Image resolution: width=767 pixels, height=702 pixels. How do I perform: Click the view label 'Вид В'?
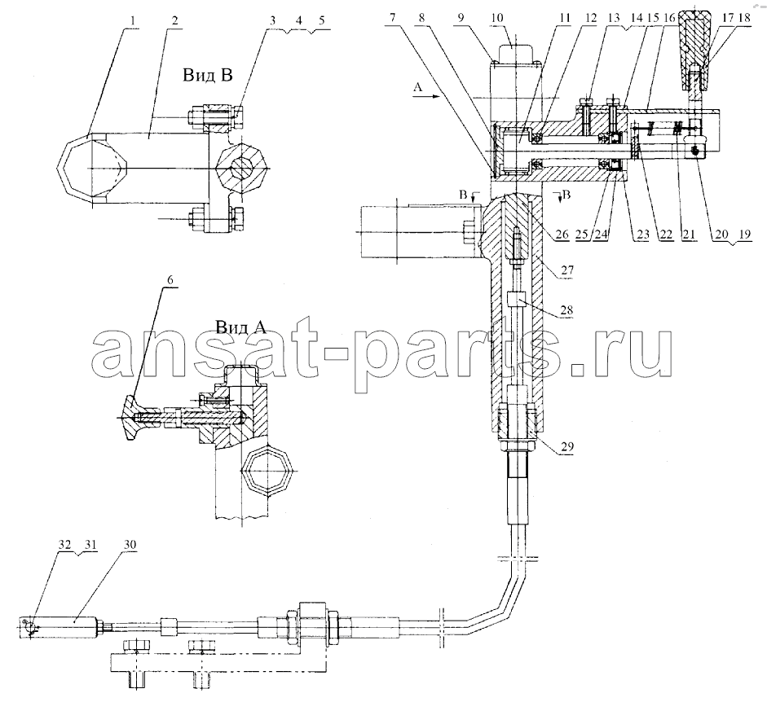point(207,75)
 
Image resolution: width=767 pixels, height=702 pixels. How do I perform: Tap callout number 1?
point(133,20)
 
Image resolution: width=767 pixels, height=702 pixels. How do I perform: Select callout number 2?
point(174,20)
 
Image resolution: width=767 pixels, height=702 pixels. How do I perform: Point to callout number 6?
point(170,279)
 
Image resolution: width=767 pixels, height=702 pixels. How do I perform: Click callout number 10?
point(496,18)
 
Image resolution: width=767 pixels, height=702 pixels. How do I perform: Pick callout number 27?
point(567,270)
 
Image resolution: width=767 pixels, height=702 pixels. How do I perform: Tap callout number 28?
point(567,310)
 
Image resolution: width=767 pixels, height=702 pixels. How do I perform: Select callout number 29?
point(567,446)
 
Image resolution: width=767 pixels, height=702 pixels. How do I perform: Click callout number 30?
point(130,545)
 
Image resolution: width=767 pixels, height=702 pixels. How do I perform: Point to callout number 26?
point(562,235)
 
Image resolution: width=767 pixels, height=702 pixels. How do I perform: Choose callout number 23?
point(642,235)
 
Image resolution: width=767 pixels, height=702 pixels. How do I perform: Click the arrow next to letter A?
point(427,97)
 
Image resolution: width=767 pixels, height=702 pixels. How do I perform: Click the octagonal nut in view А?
point(267,470)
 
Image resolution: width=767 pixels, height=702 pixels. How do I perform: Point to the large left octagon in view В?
point(92,168)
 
